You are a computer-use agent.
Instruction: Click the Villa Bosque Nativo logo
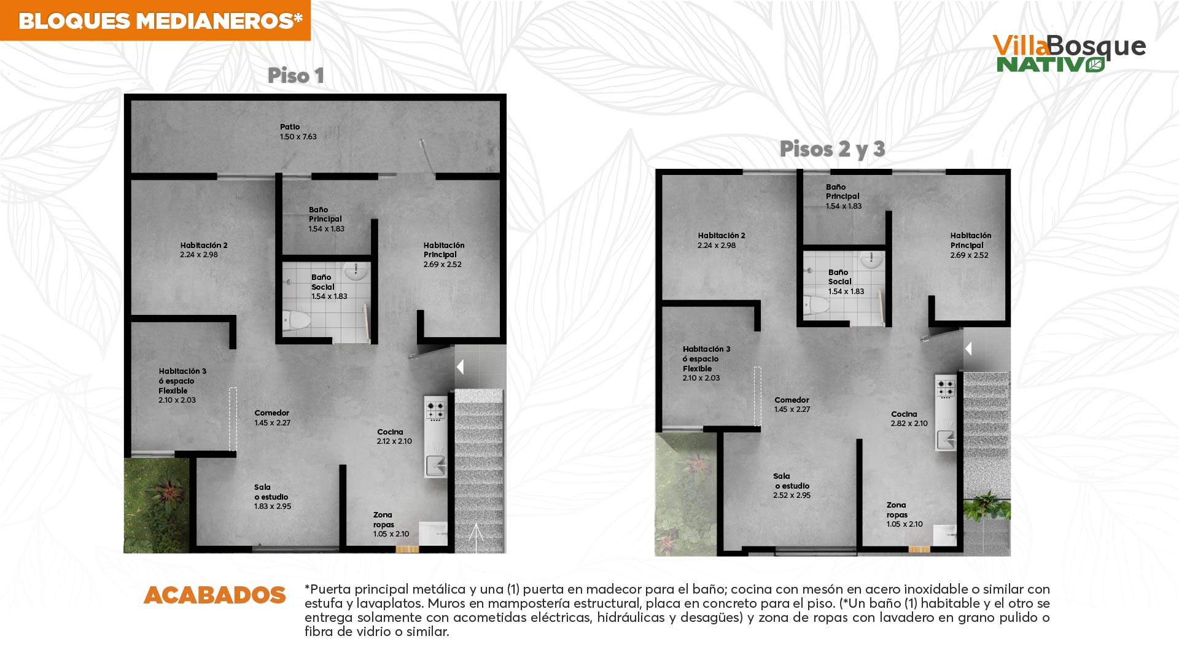click(1069, 53)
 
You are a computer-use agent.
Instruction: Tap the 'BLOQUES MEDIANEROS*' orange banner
click(155, 20)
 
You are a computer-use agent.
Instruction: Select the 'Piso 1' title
click(295, 76)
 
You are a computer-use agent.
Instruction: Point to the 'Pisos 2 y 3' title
click(832, 149)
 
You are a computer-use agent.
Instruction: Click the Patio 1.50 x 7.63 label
click(298, 132)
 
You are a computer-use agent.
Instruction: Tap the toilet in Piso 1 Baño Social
click(296, 320)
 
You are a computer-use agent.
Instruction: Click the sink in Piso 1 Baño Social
click(355, 270)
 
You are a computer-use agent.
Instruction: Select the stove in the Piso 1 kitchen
click(435, 409)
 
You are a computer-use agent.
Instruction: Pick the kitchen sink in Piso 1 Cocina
click(437, 466)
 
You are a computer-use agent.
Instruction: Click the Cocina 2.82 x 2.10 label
click(909, 419)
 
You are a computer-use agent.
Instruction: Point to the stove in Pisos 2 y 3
click(946, 387)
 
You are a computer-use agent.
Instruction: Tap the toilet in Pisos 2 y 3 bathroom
click(817, 304)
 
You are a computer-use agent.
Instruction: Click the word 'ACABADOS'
click(215, 595)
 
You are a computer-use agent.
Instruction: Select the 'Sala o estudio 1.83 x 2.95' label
click(273, 497)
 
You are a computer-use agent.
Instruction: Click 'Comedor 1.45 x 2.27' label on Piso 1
click(273, 418)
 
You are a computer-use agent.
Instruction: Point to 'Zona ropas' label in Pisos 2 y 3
click(897, 510)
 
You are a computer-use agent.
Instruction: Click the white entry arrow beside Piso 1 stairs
click(460, 367)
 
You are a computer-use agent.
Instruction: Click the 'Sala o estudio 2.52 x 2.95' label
click(792, 486)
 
